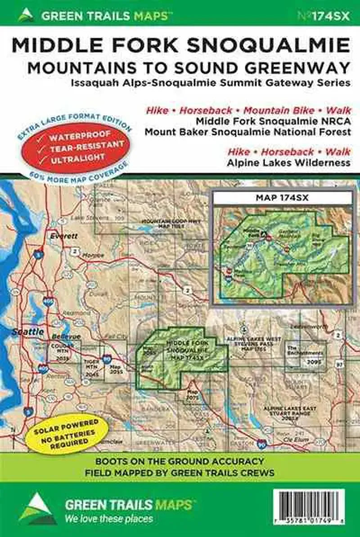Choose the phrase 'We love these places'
(108, 519)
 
